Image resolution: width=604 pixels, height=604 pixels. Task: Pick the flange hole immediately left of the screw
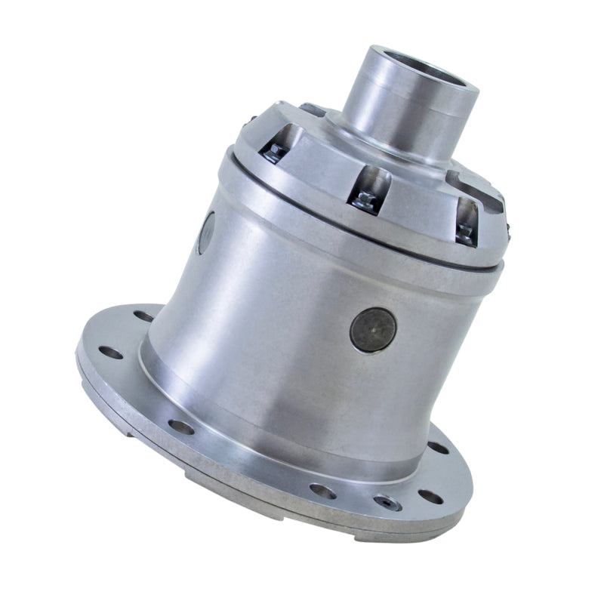click(323, 491)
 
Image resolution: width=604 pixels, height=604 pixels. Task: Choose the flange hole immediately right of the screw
click(430, 496)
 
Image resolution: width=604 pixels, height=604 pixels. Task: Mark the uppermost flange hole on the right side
click(438, 448)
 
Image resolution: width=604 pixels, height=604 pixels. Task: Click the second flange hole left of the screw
click(181, 427)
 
